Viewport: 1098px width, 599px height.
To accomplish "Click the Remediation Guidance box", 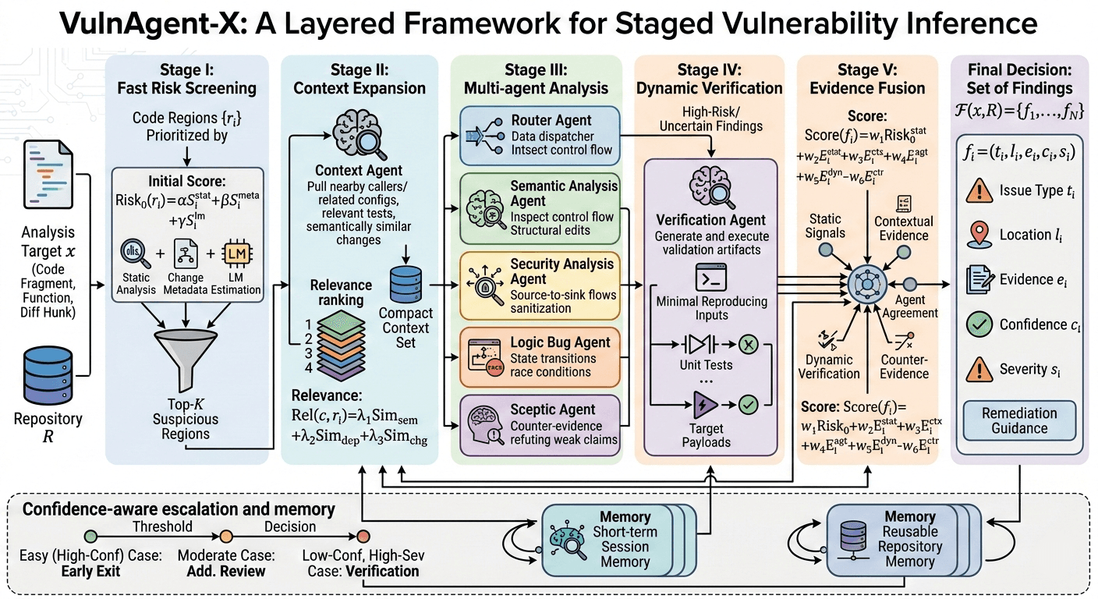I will tap(1019, 420).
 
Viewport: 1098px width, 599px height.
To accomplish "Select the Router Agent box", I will tap(540, 134).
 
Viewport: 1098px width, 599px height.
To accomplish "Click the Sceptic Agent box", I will tap(540, 424).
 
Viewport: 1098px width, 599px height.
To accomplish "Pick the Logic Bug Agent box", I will tap(540, 357).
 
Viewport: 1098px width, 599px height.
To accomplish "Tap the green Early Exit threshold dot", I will tap(91, 537).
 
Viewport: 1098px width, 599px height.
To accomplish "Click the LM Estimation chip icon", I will tap(236, 255).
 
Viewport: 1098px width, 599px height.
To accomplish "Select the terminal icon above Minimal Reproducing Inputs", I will tap(709, 278).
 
